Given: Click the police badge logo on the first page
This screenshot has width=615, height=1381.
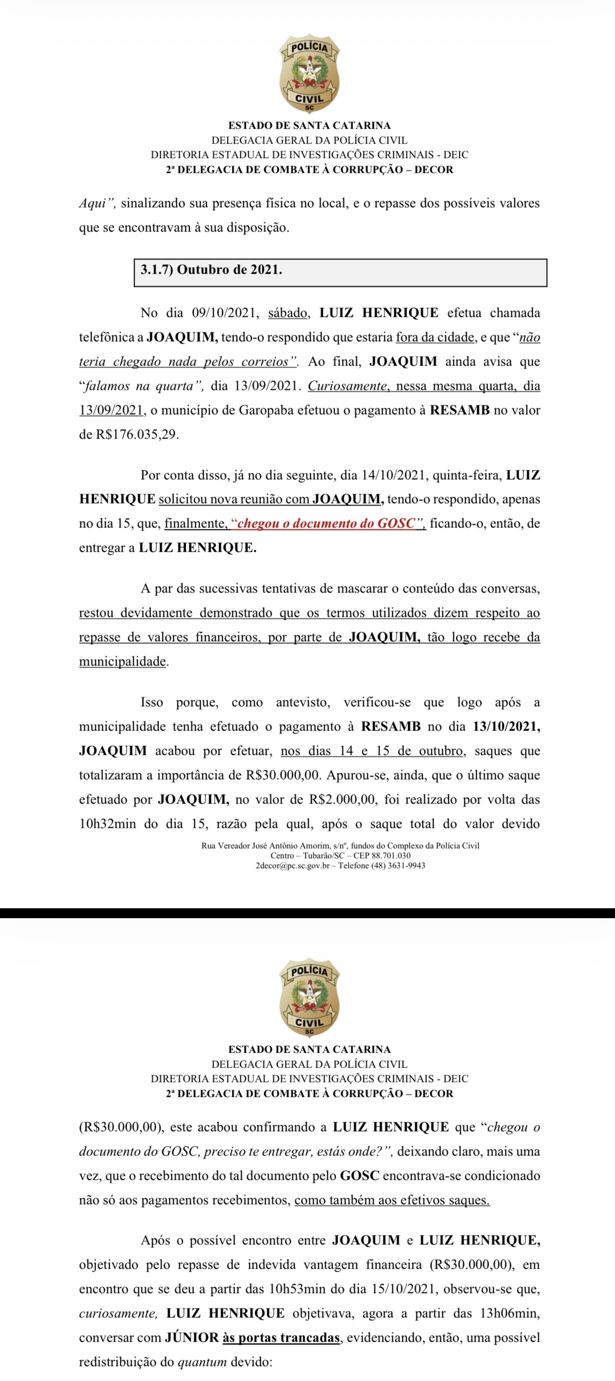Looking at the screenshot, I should [309, 74].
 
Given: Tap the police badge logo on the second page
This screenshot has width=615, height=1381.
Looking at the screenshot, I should [309, 998].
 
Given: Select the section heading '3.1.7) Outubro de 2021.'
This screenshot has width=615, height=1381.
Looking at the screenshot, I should [211, 270].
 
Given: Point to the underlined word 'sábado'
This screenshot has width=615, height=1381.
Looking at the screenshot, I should [288, 313].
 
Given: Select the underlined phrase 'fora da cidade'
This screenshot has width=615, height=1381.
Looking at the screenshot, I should [435, 337].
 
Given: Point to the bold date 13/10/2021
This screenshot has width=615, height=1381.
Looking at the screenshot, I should [506, 727].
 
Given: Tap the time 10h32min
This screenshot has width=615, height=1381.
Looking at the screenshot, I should [108, 823].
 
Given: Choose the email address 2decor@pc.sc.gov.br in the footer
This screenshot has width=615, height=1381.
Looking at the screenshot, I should [292, 865].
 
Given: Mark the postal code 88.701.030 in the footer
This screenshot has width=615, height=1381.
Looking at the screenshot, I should [391, 856].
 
